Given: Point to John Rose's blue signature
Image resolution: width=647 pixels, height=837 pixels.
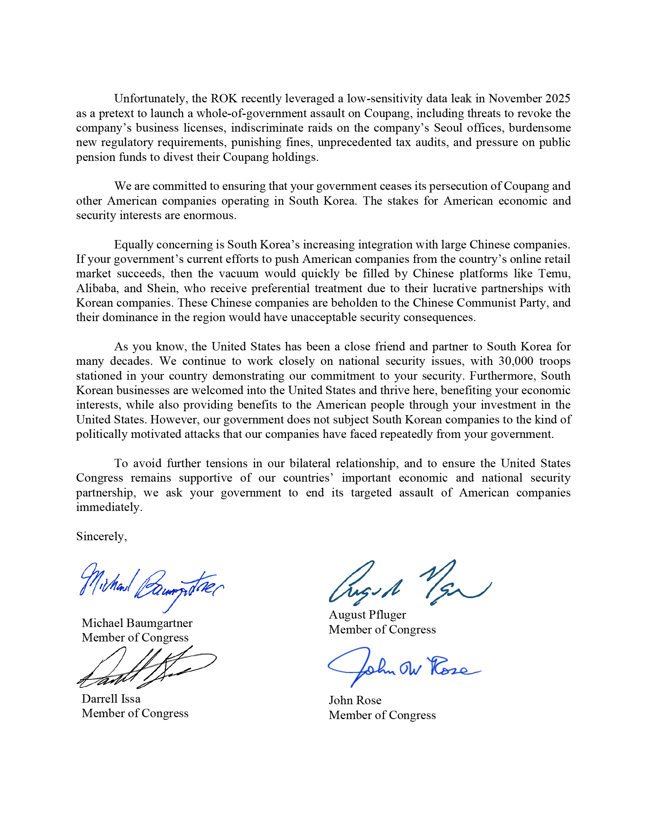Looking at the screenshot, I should pyautogui.click(x=402, y=669).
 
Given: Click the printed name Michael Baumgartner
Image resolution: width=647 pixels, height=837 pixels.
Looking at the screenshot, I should pyautogui.click(x=137, y=623).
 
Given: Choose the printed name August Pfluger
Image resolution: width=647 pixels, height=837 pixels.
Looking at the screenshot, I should pyautogui.click(x=367, y=615).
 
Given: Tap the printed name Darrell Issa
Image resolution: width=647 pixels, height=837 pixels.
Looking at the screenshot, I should pyautogui.click(x=111, y=699).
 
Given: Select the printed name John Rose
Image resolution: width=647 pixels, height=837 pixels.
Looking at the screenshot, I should pyautogui.click(x=355, y=700).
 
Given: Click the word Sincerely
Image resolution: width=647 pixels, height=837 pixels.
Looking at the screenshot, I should pyautogui.click(x=101, y=536).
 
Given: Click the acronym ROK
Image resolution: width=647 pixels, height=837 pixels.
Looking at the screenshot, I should pyautogui.click(x=224, y=99).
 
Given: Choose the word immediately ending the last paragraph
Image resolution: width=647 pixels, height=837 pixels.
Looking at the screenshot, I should pyautogui.click(x=109, y=507).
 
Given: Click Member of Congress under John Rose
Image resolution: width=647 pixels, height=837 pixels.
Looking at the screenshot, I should pyautogui.click(x=382, y=715).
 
